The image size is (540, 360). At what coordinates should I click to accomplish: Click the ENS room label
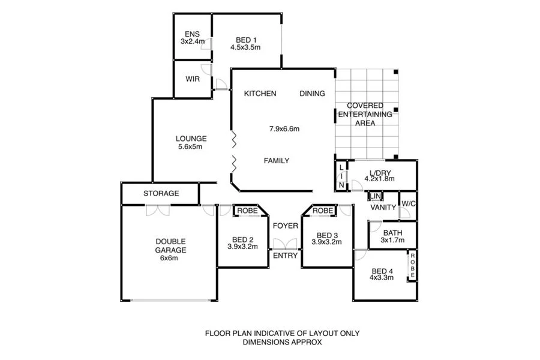click(x=193, y=34)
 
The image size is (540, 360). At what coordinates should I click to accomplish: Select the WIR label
click(x=193, y=79)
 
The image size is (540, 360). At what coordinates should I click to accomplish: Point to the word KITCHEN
click(x=260, y=94)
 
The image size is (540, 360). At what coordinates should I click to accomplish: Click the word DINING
click(x=312, y=94)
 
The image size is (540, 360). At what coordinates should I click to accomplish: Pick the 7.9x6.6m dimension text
click(x=284, y=128)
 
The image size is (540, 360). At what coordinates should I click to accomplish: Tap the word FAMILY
click(x=277, y=161)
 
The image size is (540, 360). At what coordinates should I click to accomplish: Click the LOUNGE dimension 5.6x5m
click(x=190, y=146)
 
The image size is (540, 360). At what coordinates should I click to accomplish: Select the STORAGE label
click(x=161, y=194)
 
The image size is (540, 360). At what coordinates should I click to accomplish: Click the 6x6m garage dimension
click(x=160, y=259)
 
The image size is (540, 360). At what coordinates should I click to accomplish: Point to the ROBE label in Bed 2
click(x=247, y=211)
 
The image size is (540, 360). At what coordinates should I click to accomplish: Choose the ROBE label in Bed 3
click(x=322, y=211)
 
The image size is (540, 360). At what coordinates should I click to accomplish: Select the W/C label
click(x=409, y=203)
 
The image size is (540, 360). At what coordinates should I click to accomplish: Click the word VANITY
click(x=383, y=208)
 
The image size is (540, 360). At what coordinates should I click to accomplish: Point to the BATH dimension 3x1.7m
click(x=392, y=241)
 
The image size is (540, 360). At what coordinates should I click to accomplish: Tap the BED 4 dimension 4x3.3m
click(x=382, y=278)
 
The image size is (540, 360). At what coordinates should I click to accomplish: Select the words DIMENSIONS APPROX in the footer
click(x=282, y=343)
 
